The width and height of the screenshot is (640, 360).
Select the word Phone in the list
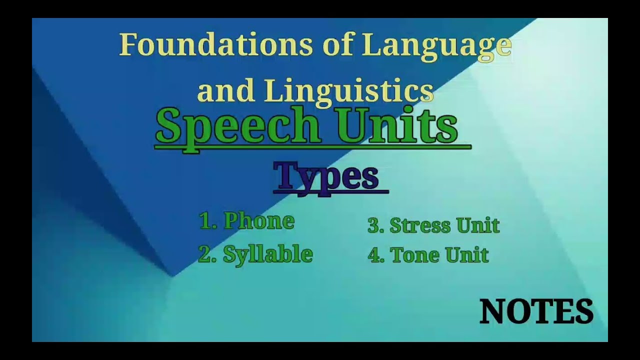[x=258, y=221]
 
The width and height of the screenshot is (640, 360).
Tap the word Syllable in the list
[x=267, y=254]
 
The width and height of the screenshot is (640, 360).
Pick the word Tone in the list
[x=413, y=255]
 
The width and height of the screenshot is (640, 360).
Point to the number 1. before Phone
[x=208, y=221]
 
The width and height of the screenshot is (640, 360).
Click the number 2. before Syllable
[x=207, y=254]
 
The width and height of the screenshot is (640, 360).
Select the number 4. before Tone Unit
[x=375, y=255]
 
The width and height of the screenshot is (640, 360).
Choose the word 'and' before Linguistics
[x=226, y=91]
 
